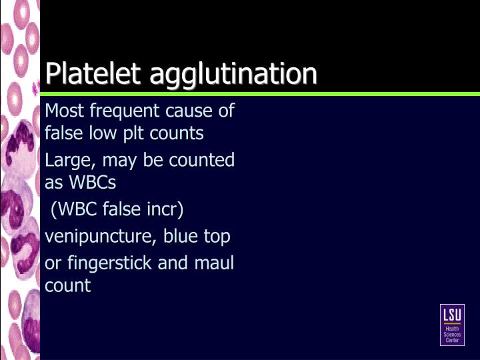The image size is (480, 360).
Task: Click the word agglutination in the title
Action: (x=233, y=73)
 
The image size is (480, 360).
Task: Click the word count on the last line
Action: (x=67, y=286)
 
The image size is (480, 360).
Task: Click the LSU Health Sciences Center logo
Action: (x=452, y=325)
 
